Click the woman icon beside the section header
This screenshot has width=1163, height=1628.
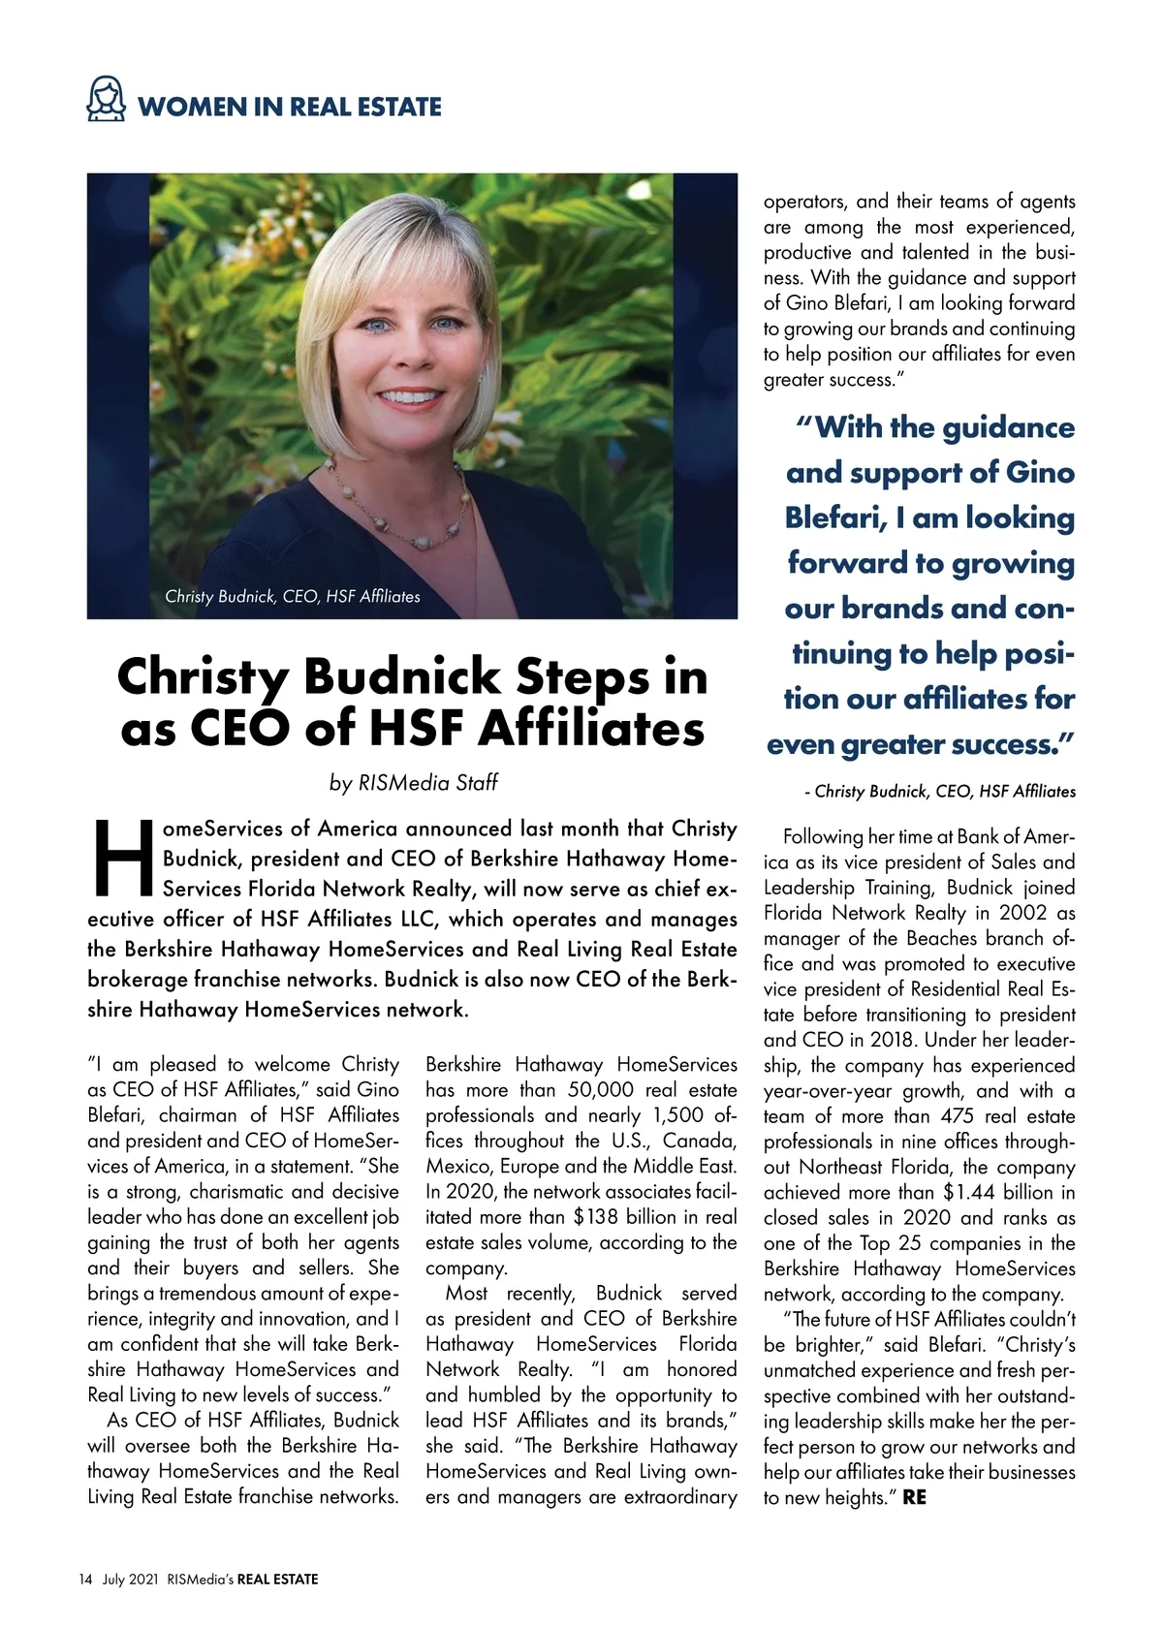107,101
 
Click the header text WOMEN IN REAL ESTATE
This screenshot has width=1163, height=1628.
289,107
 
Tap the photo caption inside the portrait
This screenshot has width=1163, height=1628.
293,596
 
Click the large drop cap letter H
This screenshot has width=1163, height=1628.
122,860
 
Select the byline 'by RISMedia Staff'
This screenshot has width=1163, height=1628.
413,782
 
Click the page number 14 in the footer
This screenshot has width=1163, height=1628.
85,1579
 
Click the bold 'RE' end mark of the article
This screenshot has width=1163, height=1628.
914,1497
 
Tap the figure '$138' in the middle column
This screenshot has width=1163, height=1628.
596,1217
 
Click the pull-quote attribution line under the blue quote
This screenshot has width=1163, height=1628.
940,792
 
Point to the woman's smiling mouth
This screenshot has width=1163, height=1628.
409,397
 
